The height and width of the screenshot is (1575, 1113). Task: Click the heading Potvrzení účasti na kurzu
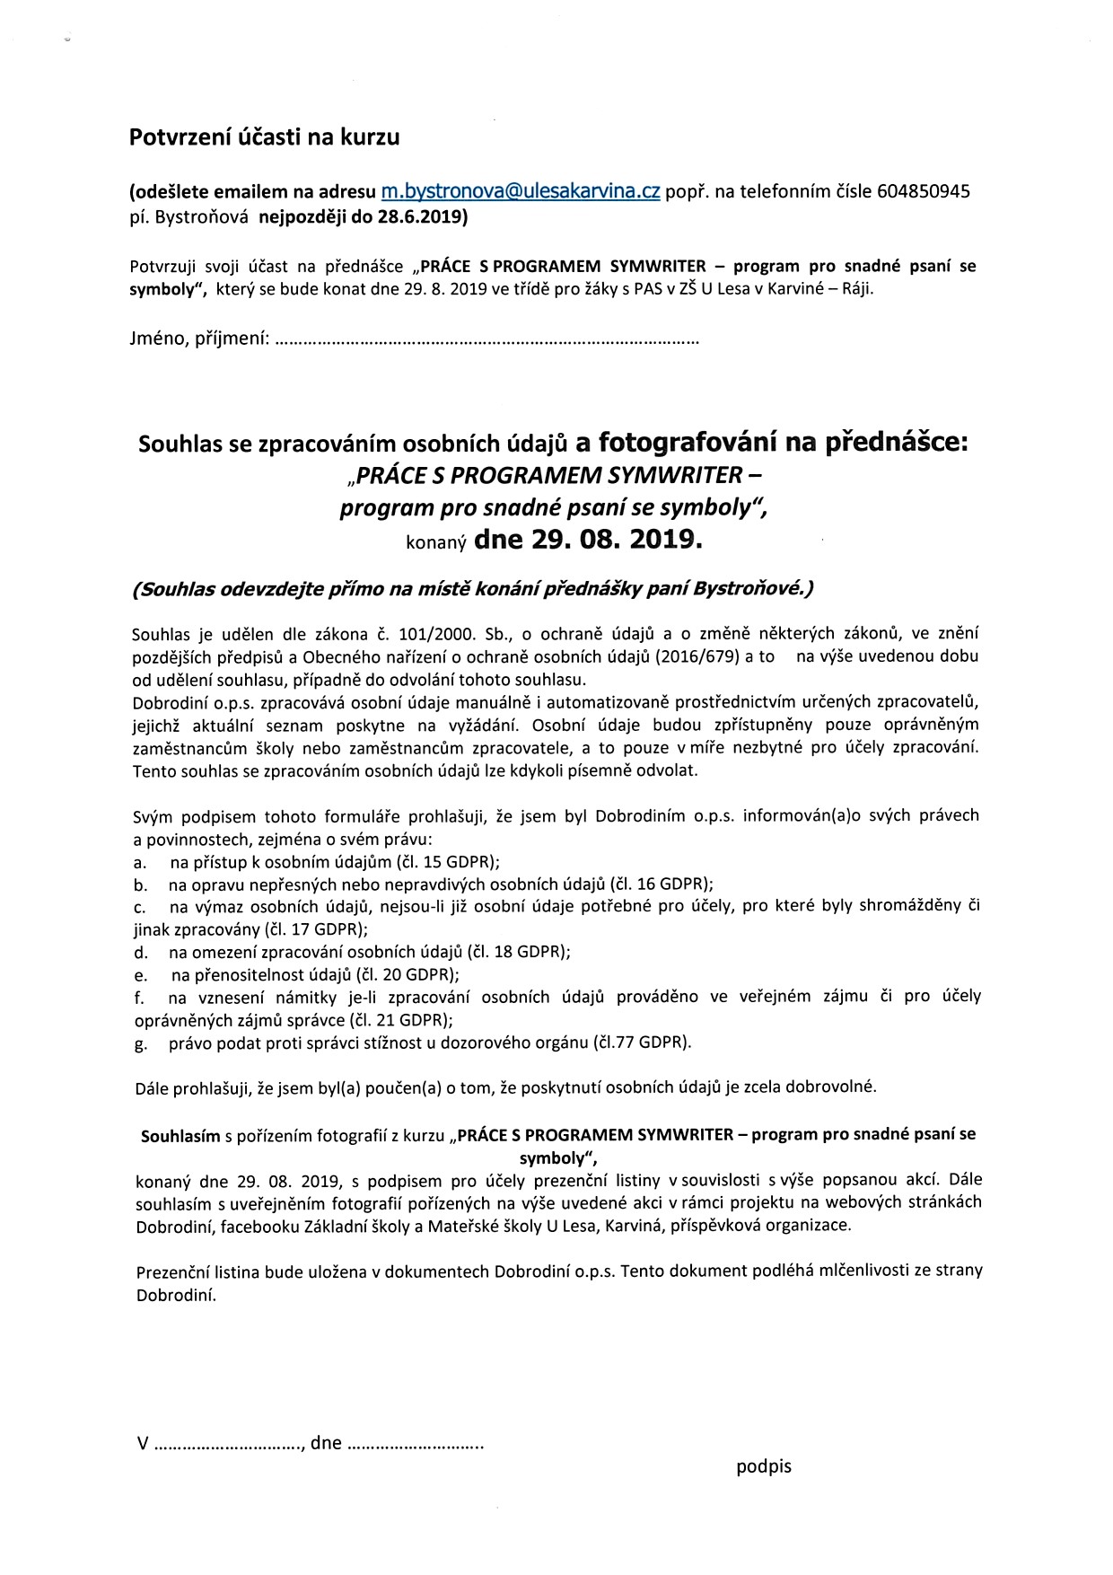265,137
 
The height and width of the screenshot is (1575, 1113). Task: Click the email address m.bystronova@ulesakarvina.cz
521,191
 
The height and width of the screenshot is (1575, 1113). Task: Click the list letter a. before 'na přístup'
139,862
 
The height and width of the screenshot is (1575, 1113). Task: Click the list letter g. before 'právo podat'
140,1043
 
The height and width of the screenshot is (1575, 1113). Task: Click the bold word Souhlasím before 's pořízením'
180,1135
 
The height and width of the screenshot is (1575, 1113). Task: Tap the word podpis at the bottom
764,1466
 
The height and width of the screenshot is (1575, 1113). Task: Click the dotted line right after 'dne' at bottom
415,1445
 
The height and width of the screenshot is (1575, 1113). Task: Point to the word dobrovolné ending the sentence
832,1087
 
